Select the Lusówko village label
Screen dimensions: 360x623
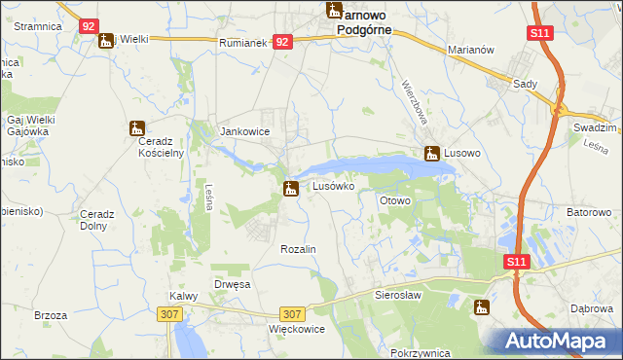click(339, 185)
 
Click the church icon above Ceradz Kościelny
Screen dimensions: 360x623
click(136, 127)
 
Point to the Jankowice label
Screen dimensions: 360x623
click(245, 131)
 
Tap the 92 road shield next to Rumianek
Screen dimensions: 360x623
click(282, 42)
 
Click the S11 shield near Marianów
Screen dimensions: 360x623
click(541, 34)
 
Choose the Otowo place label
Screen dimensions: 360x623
click(395, 200)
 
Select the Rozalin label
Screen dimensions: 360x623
click(299, 250)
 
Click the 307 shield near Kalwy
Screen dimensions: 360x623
click(168, 313)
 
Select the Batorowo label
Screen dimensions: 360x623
click(588, 212)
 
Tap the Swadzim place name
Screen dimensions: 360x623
click(597, 127)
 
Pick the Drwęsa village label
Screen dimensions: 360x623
click(233, 284)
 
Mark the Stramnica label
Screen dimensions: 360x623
click(39, 26)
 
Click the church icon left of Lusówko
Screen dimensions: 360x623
click(290, 188)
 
